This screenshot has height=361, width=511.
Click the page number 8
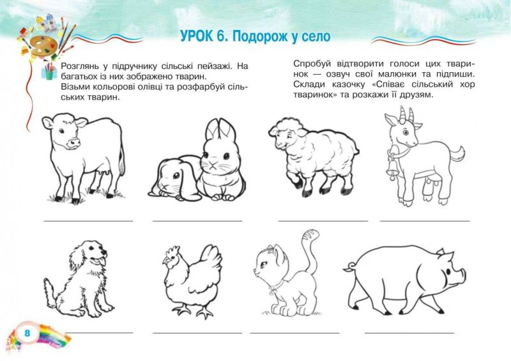(x=27, y=333)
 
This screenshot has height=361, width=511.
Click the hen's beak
(x=165, y=261)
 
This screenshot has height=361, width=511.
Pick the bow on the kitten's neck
(x=273, y=288)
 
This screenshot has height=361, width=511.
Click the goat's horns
(x=407, y=114)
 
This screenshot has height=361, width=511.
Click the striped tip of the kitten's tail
(x=310, y=235)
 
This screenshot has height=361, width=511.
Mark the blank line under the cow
(x=88, y=221)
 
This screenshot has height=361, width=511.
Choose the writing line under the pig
(x=409, y=333)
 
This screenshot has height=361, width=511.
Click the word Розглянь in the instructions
(x=80, y=66)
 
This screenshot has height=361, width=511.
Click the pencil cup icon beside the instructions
(x=49, y=71)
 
